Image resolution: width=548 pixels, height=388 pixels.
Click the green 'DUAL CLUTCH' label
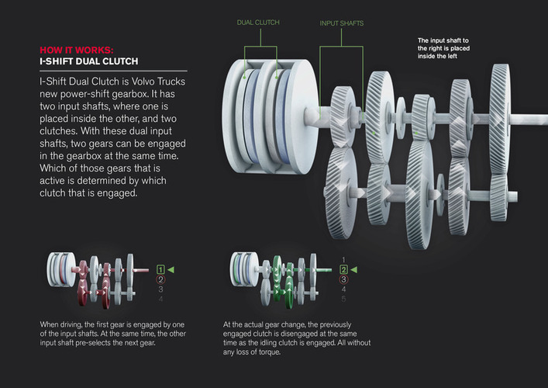tap(258, 23)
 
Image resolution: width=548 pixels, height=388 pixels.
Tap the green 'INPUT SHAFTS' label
tap(341, 23)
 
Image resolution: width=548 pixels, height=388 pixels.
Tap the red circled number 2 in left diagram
tap(160, 279)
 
